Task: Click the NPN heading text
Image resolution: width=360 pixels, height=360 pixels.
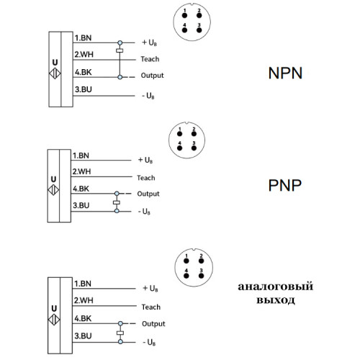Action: pos(285,73)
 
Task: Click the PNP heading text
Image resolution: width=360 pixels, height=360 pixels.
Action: pos(284,185)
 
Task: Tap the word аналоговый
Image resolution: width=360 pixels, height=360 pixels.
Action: pos(276,287)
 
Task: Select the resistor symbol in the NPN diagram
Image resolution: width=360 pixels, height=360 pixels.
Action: pos(120,50)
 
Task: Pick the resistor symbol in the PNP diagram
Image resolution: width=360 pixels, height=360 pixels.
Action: pos(117,202)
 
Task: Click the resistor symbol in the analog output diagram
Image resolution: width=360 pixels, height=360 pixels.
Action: pos(120,333)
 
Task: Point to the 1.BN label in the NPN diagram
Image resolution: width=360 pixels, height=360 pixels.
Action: pos(83,38)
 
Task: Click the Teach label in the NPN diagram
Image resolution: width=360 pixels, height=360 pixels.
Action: pos(150,59)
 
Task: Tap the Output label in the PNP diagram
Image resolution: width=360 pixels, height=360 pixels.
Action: pos(148,194)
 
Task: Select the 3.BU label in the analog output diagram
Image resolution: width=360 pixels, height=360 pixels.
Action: pos(83,336)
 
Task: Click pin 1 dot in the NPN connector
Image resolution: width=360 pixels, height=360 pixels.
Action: pos(184,16)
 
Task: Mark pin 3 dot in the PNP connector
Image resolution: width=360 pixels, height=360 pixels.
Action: pos(194,148)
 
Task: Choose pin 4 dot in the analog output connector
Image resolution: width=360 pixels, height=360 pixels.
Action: pos(186,276)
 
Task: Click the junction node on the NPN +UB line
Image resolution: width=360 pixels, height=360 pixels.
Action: pos(120,43)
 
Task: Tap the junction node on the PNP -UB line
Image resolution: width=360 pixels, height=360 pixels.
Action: pos(117,211)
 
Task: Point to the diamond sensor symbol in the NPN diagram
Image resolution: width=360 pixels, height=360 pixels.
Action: pos(55,73)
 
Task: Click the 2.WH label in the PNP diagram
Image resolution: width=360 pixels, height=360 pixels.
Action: pos(81,171)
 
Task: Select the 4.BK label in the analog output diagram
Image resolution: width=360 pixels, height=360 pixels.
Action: pos(83,318)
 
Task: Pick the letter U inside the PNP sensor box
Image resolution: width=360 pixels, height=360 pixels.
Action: pos(53,179)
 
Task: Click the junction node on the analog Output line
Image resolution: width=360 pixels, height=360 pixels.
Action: pos(120,323)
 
